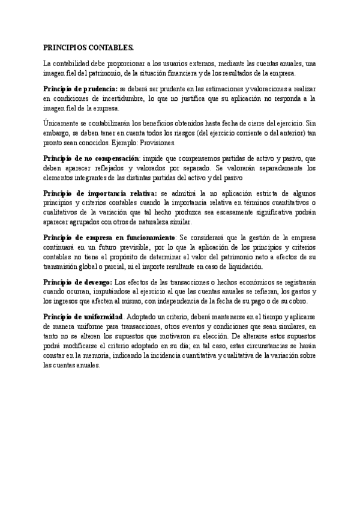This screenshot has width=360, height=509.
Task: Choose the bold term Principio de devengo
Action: pyautogui.click(x=77, y=282)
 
